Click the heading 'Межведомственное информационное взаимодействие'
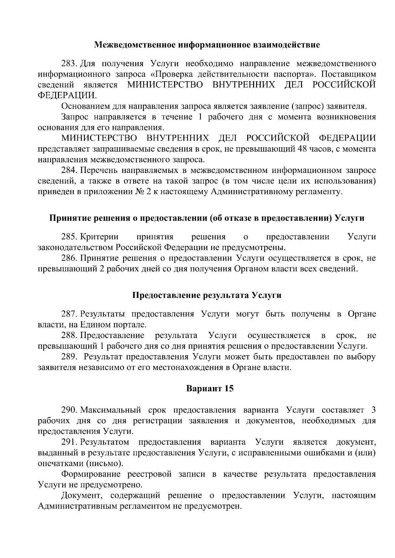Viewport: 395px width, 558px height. pos(207,45)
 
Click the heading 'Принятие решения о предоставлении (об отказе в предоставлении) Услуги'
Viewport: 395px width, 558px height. pos(207,218)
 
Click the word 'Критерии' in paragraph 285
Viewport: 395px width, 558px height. pos(99,237)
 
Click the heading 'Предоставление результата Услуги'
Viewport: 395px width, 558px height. pos(207,295)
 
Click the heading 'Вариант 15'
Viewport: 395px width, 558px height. pos(210,389)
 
